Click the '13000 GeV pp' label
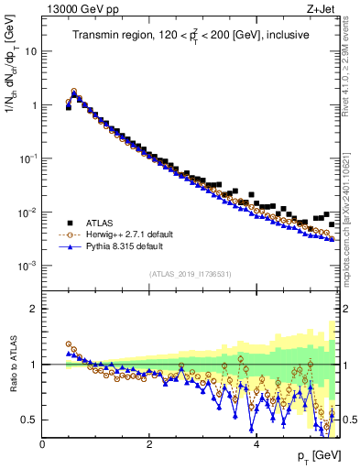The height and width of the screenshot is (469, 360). pyautogui.click(x=75, y=8)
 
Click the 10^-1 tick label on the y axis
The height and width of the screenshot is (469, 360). pyautogui.click(x=27, y=158)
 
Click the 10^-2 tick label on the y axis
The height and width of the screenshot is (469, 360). pyautogui.click(x=27, y=213)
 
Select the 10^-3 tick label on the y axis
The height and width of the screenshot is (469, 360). pyautogui.click(x=27, y=266)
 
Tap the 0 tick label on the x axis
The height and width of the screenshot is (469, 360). pyautogui.click(x=43, y=445)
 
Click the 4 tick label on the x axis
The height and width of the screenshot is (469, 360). pyautogui.click(x=256, y=445)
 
